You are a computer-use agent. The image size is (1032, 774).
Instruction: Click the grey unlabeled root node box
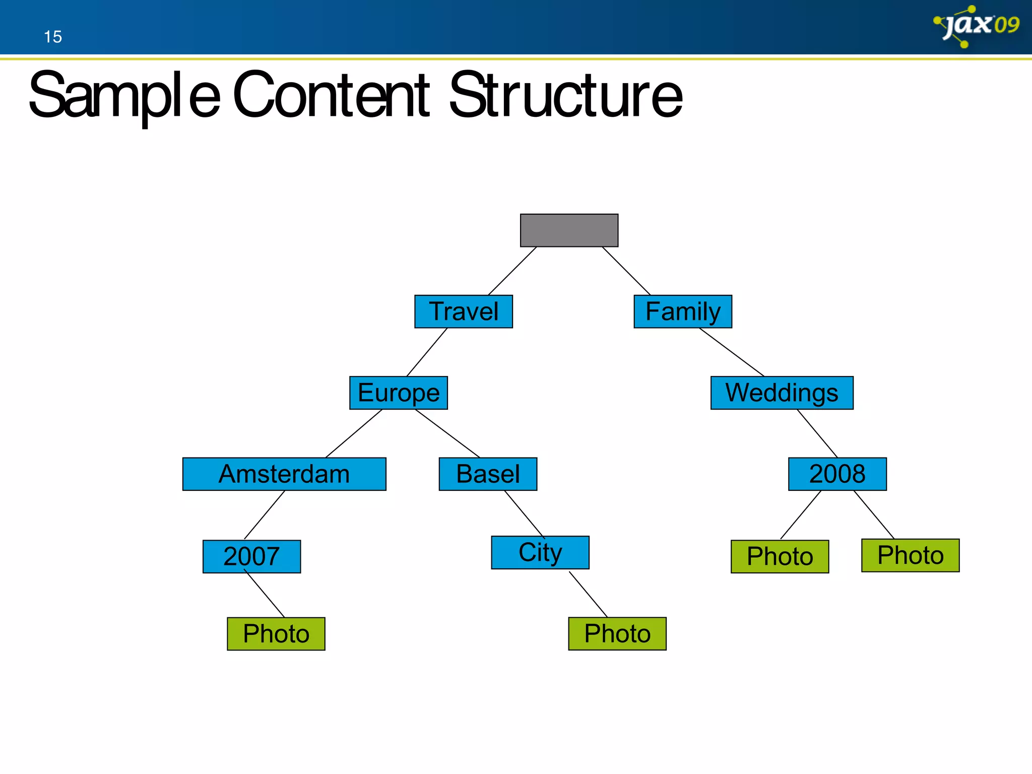[569, 230]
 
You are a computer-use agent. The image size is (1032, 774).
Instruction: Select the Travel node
[463, 311]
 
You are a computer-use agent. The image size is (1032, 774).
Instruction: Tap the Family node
[682, 311]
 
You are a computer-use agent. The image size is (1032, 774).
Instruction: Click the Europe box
[398, 393]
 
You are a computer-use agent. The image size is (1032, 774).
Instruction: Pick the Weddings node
[782, 393]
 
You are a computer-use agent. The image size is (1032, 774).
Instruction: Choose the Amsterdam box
[284, 474]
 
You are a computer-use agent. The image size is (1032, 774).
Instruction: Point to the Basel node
[488, 474]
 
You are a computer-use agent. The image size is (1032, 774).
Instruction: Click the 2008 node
[837, 474]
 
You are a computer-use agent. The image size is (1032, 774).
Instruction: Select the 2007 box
[251, 556]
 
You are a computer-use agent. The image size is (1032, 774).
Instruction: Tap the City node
[540, 552]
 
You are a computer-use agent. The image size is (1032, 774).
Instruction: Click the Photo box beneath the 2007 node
[276, 633]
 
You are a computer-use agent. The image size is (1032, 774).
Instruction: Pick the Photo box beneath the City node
[617, 633]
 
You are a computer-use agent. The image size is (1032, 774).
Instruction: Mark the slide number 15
[52, 37]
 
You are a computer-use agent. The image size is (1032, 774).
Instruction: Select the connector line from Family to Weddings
[732, 352]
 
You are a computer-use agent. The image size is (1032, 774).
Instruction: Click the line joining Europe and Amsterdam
[354, 433]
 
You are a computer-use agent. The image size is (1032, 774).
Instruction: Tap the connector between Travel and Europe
[427, 352]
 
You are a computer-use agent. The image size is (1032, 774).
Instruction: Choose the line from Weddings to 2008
[817, 433]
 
